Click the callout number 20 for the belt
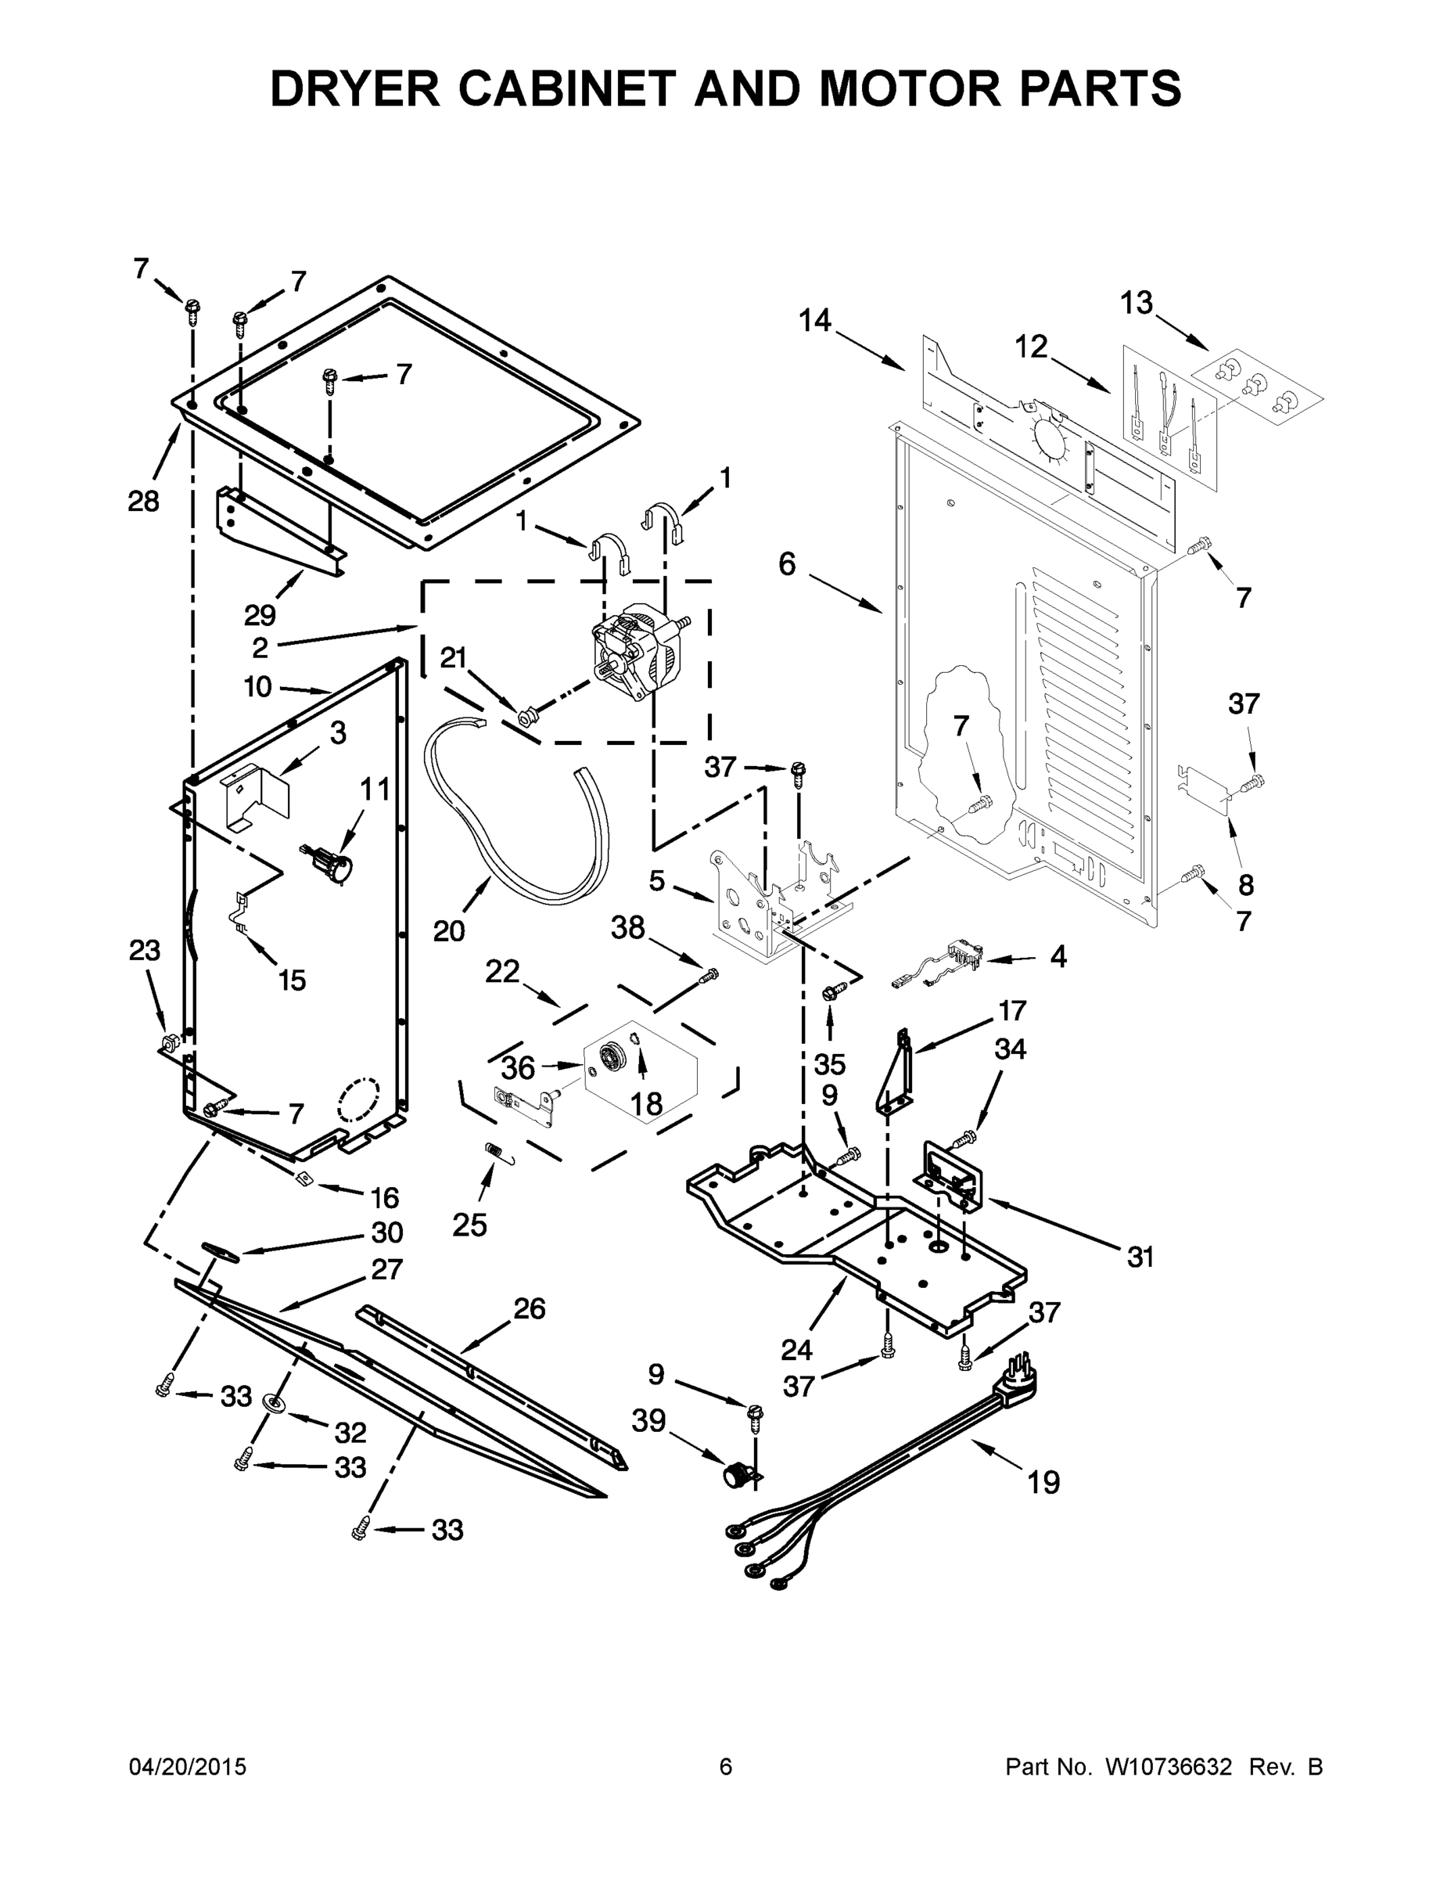(x=448, y=930)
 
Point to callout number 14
(x=815, y=321)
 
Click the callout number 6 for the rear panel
(x=788, y=564)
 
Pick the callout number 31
(x=1140, y=1257)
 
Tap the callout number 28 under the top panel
(x=144, y=502)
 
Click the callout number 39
(x=648, y=1420)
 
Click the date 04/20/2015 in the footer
(x=188, y=1767)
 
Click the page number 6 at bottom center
(x=726, y=1767)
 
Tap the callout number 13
(x=1136, y=303)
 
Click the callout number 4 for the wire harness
(x=1058, y=956)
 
